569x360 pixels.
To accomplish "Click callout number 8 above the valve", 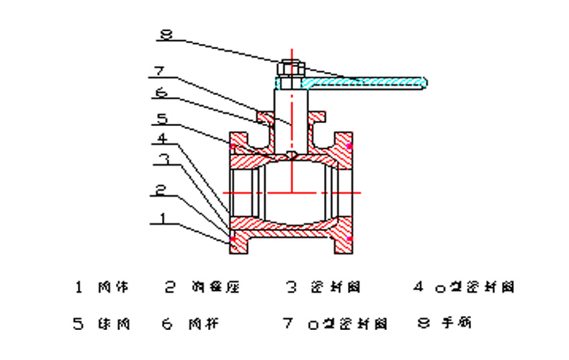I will point(166,32).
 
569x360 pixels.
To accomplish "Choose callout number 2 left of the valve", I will point(162,192).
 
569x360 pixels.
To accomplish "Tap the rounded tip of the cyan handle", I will point(424,81).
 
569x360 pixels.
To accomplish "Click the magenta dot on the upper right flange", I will point(349,146).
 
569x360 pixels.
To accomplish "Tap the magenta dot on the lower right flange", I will point(349,238).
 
